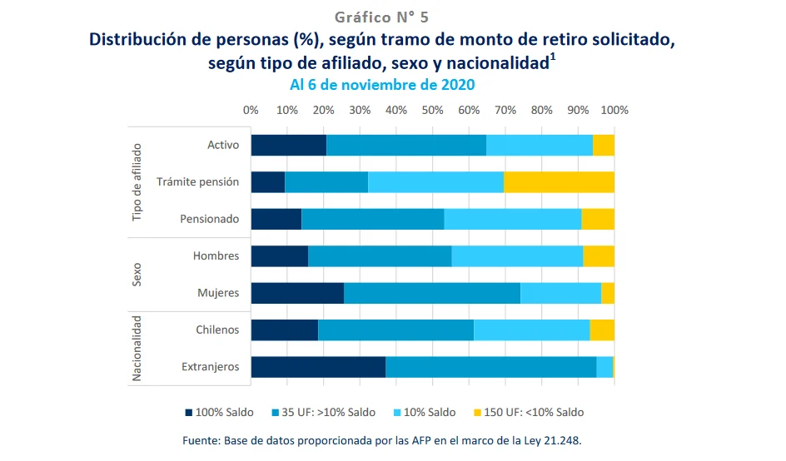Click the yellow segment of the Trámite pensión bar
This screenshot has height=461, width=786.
[559, 181]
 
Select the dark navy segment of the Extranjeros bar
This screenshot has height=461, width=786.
[318, 366]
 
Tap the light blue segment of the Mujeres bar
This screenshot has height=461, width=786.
[560, 293]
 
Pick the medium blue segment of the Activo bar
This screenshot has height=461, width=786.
[406, 145]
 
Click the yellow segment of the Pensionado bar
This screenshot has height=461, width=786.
[598, 219]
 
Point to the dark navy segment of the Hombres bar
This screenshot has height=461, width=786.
[279, 255]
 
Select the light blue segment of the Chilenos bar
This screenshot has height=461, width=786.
[531, 330]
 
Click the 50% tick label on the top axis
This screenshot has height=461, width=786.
[432, 110]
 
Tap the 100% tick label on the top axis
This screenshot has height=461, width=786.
[614, 110]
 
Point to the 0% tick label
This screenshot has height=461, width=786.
[251, 110]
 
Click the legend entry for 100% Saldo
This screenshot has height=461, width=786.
[219, 412]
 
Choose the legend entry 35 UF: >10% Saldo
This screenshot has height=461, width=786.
[326, 412]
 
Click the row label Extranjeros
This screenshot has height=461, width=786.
[210, 366]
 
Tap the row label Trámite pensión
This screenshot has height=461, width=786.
[197, 181]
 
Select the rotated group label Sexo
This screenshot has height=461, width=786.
[138, 275]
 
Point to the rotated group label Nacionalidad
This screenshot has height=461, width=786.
[138, 348]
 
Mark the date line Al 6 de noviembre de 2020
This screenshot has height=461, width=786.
[382, 85]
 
